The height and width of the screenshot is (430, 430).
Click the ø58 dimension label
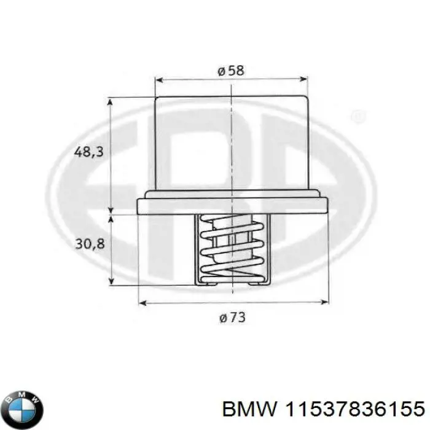[231, 71]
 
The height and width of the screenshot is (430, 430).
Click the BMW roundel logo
[23, 407]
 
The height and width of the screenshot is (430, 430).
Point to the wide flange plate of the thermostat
[232, 203]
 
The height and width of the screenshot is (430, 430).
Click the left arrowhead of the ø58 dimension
[158, 79]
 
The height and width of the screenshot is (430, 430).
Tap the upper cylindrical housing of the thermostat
[231, 144]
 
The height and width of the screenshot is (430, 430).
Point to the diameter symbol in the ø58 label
[221, 71]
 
